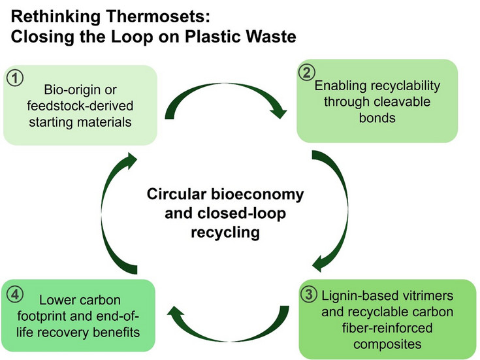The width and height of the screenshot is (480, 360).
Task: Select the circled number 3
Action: tap(312, 294)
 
